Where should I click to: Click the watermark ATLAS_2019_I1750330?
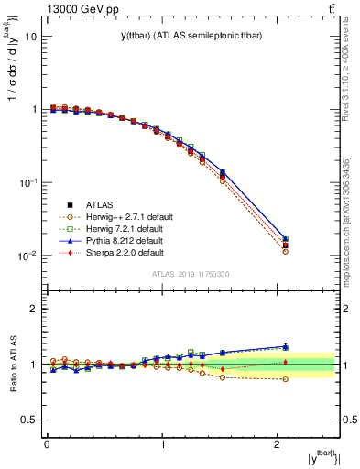[x=191, y=274]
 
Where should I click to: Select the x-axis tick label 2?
[x=276, y=445]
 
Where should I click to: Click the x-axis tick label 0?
[x=47, y=445]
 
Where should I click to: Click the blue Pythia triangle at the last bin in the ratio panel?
[x=286, y=347]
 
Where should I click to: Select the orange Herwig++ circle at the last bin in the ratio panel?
[x=286, y=379]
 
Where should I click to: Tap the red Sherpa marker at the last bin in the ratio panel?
[x=286, y=362]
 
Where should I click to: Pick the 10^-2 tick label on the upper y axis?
[x=27, y=256]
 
